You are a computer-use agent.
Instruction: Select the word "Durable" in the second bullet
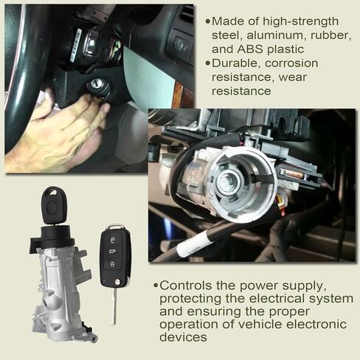pyautogui.click(x=236, y=63)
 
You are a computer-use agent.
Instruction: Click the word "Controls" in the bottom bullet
pyautogui.click(x=186, y=285)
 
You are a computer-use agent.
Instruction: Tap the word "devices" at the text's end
pyautogui.click(x=183, y=337)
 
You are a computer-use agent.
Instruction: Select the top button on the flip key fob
pyautogui.click(x=112, y=240)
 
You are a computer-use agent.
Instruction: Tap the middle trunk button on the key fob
pyautogui.click(x=112, y=252)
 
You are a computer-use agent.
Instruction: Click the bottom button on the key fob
pyautogui.click(x=111, y=264)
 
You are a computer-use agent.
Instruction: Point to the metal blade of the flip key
pyautogui.click(x=114, y=305)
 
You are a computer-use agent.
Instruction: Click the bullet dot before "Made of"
pyautogui.click(x=208, y=21)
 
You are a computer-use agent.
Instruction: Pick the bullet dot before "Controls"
pyautogui.click(x=156, y=285)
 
